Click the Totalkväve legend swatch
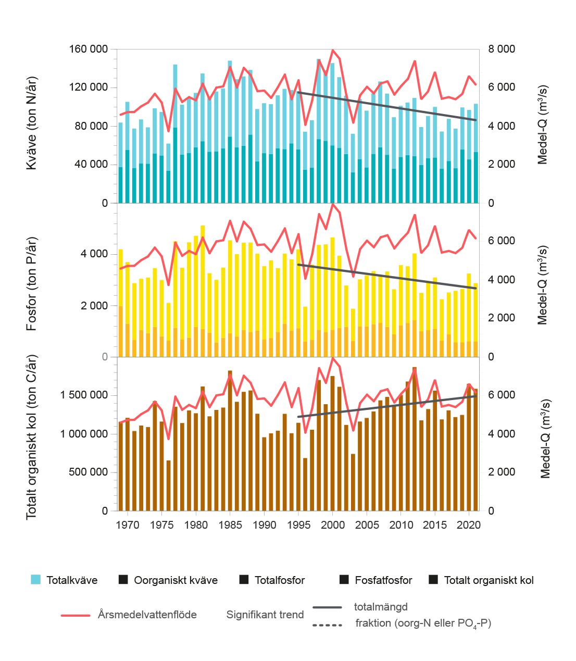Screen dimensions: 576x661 click(35, 579)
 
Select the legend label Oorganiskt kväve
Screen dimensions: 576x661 click(176, 580)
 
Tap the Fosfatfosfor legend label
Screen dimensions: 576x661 click(383, 580)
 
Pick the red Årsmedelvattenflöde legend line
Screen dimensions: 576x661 click(76, 616)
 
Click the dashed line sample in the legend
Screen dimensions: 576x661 click(327, 625)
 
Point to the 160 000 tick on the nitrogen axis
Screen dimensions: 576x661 click(88, 49)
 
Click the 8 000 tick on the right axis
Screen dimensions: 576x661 click(502, 49)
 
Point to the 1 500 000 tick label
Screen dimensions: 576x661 click(84, 395)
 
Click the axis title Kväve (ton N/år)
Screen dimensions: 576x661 click(32, 123)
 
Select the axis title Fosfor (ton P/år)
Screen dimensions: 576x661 click(32, 284)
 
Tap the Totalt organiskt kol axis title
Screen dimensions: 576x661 click(32, 437)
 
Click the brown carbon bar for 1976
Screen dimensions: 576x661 click(169, 485)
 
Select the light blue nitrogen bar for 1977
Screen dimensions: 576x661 click(175, 96)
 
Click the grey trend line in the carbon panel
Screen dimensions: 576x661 click(387, 406)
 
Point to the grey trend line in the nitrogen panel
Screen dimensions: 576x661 click(387, 106)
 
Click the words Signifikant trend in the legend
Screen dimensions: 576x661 click(265, 615)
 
